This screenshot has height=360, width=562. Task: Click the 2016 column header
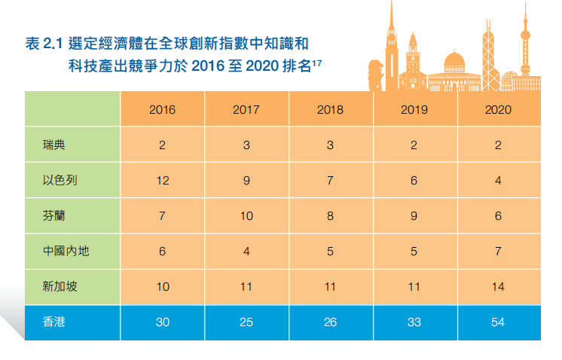(x=162, y=109)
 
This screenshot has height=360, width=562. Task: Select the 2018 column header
(x=330, y=109)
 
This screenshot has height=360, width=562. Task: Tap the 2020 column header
(x=498, y=109)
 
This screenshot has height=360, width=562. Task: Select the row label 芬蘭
(x=53, y=215)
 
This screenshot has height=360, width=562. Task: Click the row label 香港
(x=53, y=322)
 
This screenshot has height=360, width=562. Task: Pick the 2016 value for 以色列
(x=162, y=180)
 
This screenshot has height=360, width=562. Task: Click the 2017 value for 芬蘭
(x=246, y=215)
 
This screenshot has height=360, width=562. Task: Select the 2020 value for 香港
(x=498, y=322)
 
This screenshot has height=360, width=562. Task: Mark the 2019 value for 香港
(x=414, y=322)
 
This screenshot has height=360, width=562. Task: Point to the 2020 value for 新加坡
(x=498, y=286)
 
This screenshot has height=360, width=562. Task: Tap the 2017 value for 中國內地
(x=246, y=251)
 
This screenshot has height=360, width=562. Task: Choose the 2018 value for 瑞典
(x=330, y=145)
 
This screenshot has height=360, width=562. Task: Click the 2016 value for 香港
(x=162, y=322)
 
